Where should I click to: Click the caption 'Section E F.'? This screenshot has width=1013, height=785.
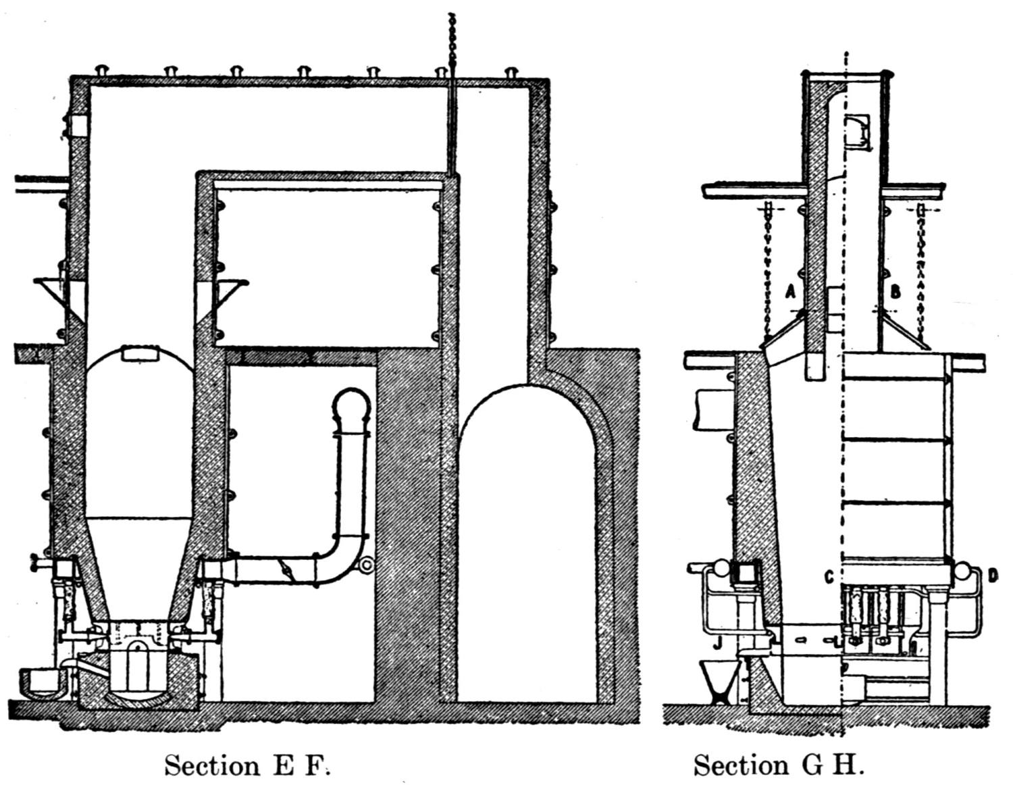247,765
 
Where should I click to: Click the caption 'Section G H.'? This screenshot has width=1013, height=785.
779,765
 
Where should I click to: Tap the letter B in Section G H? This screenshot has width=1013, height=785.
895,292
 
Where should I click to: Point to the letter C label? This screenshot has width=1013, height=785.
829,576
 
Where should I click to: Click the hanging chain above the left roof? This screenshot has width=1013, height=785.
452,41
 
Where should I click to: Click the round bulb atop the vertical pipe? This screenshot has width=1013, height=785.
352,406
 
